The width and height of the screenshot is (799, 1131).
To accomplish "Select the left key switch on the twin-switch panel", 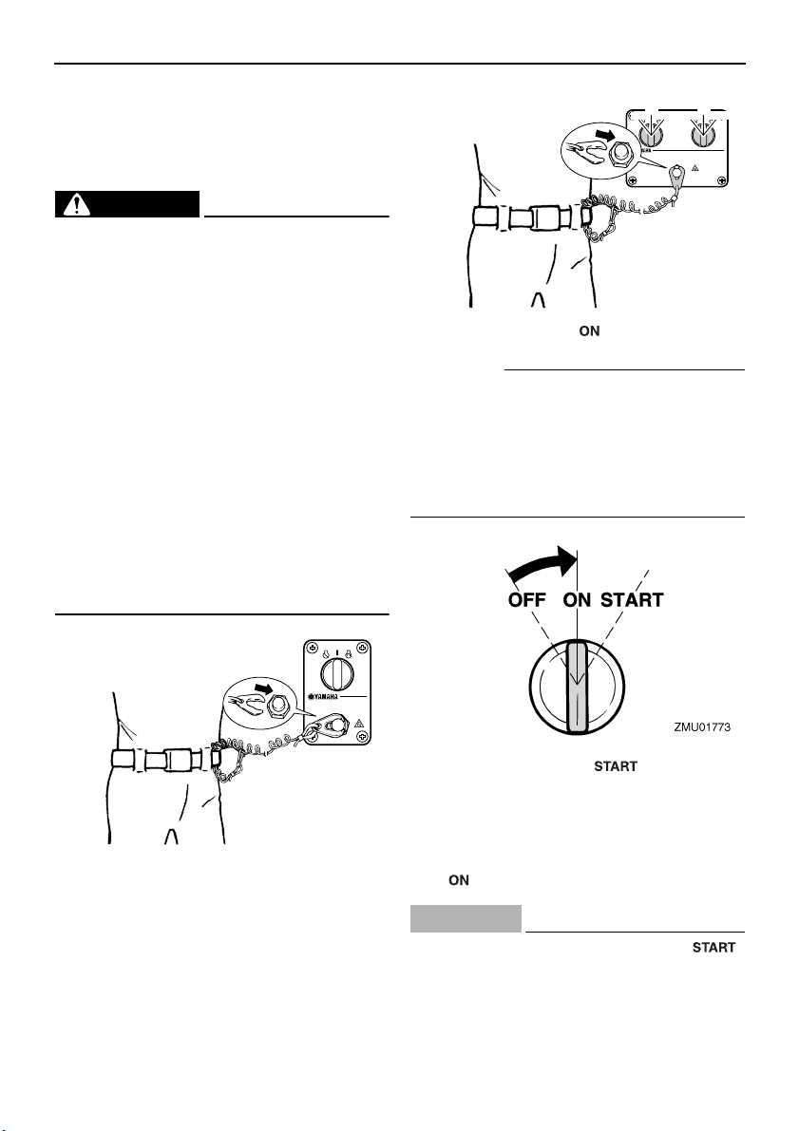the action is (654, 135).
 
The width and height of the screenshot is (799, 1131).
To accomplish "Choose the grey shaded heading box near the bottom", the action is (466, 918).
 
